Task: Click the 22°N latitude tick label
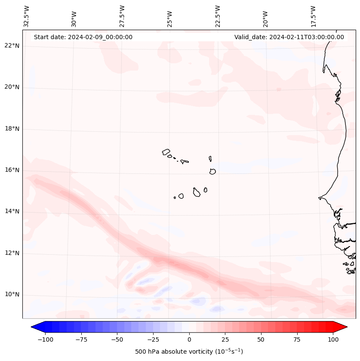[x=12, y=46]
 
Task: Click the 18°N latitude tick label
[x=12, y=129]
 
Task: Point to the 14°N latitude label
[x=12, y=211]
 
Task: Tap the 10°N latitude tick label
[x=12, y=294]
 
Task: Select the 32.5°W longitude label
[x=27, y=16]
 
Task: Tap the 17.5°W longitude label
[x=313, y=16]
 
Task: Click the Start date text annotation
[x=83, y=37]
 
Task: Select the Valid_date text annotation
[x=289, y=37]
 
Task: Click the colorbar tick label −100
[x=45, y=339]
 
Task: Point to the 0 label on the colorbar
[x=189, y=339]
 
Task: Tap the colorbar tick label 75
[x=297, y=339]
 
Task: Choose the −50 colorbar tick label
[x=117, y=339]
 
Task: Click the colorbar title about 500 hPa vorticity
[x=189, y=352]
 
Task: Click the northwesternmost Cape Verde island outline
[x=166, y=151]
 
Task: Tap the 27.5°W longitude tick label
[x=122, y=16]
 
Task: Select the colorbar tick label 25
[x=225, y=339]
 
